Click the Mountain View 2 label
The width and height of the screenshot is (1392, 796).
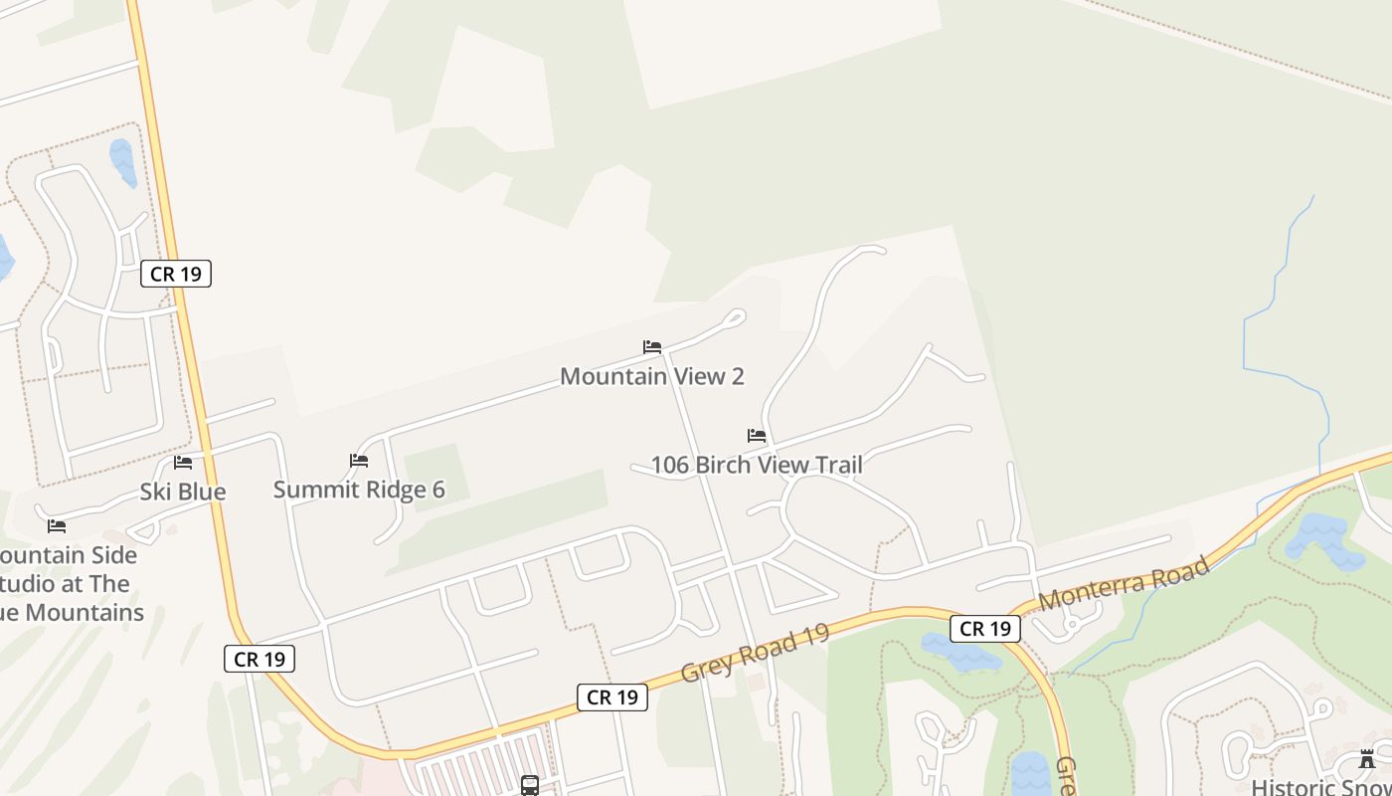pos(651,376)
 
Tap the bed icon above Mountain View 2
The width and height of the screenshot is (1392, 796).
pos(652,347)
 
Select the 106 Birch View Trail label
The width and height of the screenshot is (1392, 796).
pos(756,465)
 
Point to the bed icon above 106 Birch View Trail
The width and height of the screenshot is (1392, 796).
pos(757,436)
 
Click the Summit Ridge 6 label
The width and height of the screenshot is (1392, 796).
pos(359,490)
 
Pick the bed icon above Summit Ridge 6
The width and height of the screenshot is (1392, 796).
pos(359,461)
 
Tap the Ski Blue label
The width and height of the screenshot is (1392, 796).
pos(183,492)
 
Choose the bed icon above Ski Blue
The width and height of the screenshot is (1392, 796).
pos(183,463)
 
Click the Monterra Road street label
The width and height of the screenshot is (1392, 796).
pos(1124,583)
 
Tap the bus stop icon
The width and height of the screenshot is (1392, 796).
pos(530,786)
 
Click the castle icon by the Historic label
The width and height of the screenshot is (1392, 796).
pos(1367,760)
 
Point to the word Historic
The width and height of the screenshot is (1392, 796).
pos(1289,787)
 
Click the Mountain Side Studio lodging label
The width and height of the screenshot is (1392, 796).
pos(70,583)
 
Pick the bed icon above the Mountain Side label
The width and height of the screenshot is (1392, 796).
pos(57,526)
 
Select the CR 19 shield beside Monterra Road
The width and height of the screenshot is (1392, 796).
pos(985,629)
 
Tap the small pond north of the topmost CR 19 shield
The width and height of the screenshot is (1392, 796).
pos(122,161)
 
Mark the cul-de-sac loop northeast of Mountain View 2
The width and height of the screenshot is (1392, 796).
pos(736,317)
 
